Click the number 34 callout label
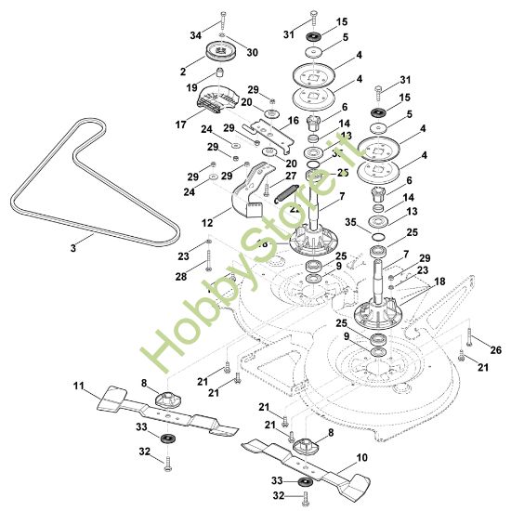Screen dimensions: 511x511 pyautogui.click(x=196, y=35)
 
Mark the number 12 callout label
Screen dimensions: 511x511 pyautogui.click(x=209, y=222)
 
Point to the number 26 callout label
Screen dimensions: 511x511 pyautogui.click(x=495, y=349)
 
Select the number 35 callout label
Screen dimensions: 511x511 pyautogui.click(x=350, y=222)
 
